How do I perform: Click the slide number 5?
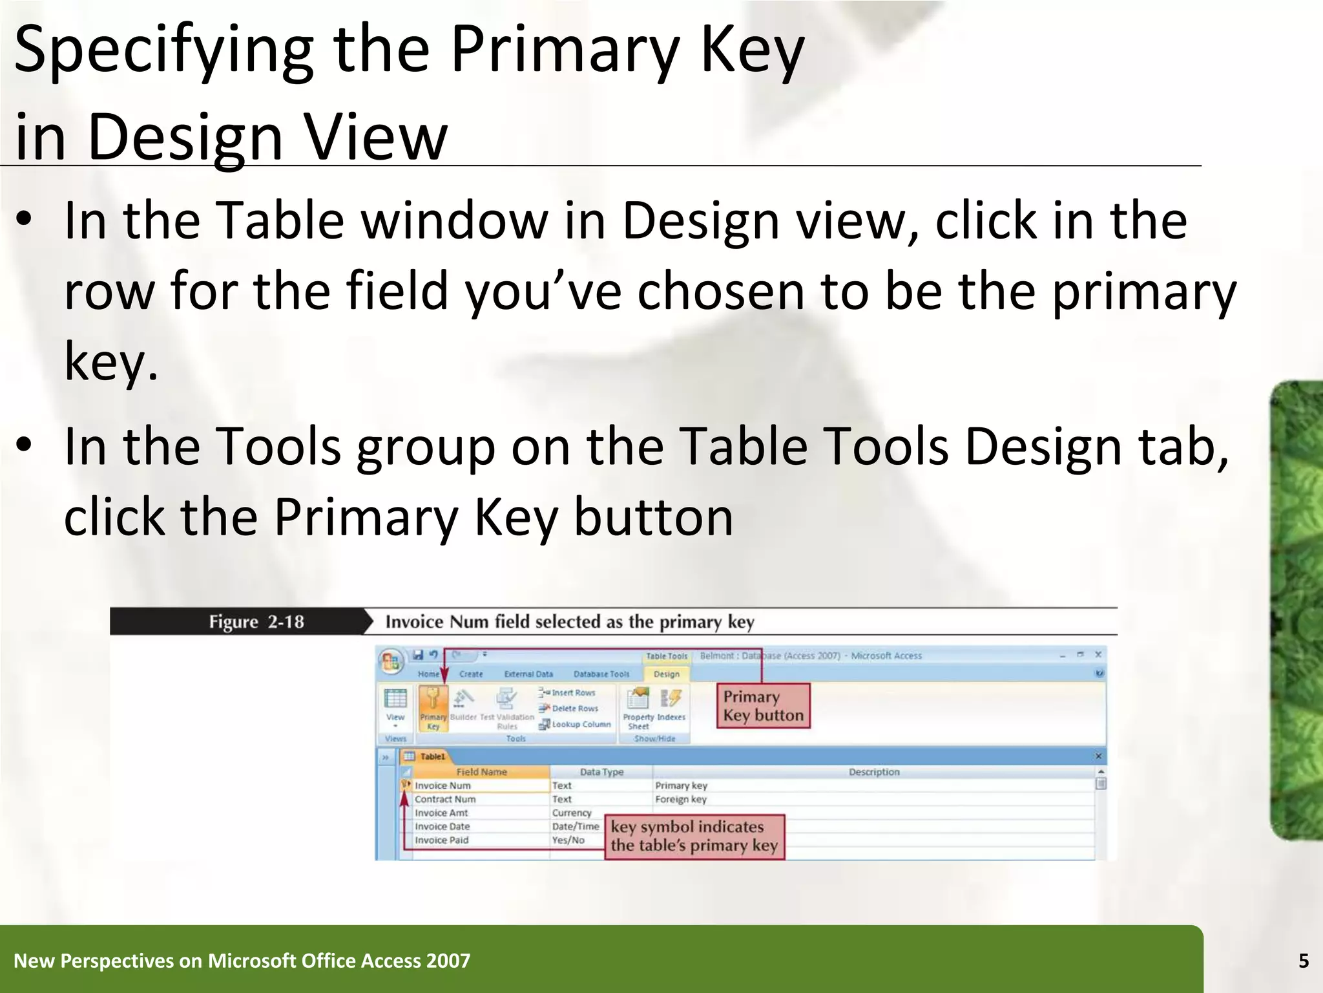(1303, 961)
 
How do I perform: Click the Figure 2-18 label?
(256, 622)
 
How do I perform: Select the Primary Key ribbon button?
(433, 708)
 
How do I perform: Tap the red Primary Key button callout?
(763, 706)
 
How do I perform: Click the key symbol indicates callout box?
(694, 837)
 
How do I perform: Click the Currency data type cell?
(572, 813)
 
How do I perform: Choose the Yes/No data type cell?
(568, 840)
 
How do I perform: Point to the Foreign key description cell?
(681, 800)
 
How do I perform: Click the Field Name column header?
(481, 772)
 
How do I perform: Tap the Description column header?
(873, 772)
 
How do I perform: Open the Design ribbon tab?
(666, 674)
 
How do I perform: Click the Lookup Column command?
(576, 725)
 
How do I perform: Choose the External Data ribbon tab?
(528, 674)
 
